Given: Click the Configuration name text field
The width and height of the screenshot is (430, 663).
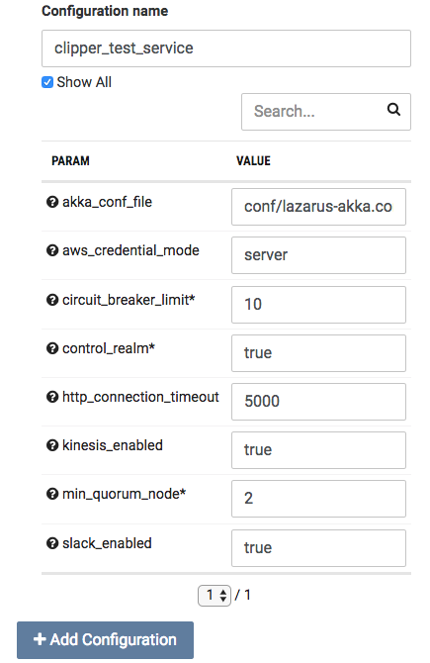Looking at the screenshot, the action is pyautogui.click(x=226, y=48).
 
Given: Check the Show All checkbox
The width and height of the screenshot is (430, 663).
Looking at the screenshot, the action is pyautogui.click(x=47, y=82).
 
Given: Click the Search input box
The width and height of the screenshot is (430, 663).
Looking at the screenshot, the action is pyautogui.click(x=325, y=112).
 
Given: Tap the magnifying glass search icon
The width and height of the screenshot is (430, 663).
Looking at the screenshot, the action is pyautogui.click(x=393, y=110).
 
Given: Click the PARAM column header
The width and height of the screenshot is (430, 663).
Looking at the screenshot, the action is pyautogui.click(x=70, y=161).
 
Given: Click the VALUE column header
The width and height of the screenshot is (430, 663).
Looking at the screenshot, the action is pyautogui.click(x=253, y=161).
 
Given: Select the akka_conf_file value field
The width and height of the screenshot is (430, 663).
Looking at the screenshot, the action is pyautogui.click(x=318, y=207).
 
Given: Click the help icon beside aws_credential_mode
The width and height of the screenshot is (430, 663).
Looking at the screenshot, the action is pyautogui.click(x=52, y=250).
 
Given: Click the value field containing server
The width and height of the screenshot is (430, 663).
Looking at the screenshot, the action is pyautogui.click(x=318, y=255).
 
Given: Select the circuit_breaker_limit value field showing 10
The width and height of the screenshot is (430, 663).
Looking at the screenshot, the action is pyautogui.click(x=318, y=305).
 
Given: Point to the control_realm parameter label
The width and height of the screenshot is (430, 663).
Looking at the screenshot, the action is pyautogui.click(x=109, y=348).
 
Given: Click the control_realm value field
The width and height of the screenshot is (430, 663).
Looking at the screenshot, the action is pyautogui.click(x=318, y=353).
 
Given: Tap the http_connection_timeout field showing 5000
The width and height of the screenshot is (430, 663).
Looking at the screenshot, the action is pyautogui.click(x=318, y=402).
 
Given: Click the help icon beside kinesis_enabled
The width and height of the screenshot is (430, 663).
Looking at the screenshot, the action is pyautogui.click(x=52, y=445).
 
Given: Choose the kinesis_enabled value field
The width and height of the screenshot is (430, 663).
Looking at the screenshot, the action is pyautogui.click(x=318, y=450).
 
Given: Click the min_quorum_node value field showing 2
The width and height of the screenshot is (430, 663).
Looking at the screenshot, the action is pyautogui.click(x=318, y=499).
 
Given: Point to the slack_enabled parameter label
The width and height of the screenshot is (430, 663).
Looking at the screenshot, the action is pyautogui.click(x=107, y=543).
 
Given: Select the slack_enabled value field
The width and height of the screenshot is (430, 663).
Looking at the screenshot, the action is pyautogui.click(x=318, y=548).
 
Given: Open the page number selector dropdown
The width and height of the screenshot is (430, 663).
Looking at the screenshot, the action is pyautogui.click(x=215, y=596).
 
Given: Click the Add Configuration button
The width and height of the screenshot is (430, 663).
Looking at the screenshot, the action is pyautogui.click(x=105, y=639).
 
